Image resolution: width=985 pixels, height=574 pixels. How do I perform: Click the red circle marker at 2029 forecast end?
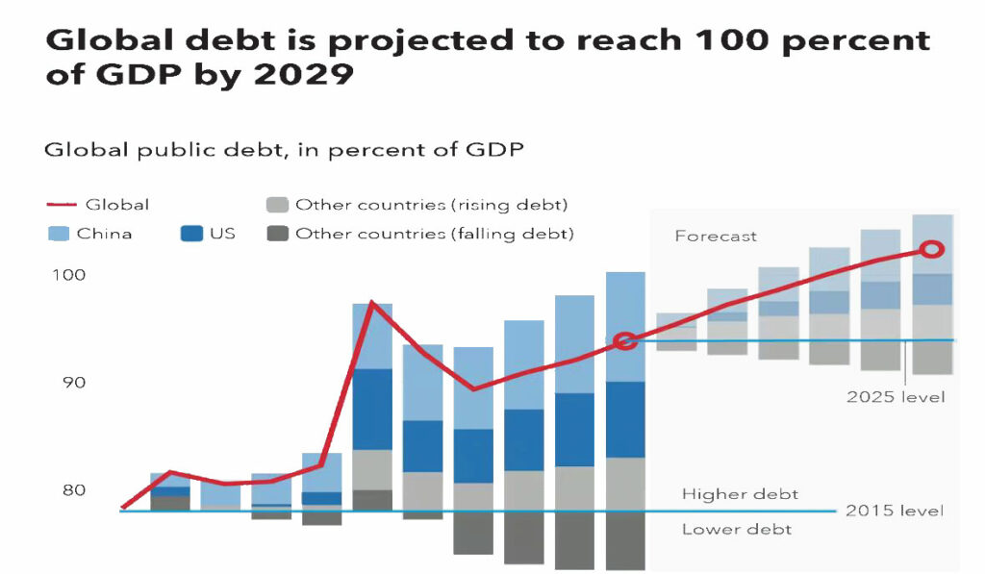[x=931, y=250]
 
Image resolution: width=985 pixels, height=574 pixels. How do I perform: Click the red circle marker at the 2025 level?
[x=625, y=341]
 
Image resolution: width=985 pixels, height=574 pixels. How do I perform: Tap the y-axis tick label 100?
[x=67, y=275]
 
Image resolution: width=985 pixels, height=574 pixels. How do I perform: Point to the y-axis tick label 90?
[x=69, y=383]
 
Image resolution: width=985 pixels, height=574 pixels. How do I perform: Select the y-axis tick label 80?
[x=69, y=490]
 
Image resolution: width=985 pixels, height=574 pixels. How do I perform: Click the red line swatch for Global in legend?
[x=60, y=205]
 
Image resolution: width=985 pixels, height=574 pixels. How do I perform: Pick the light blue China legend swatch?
[x=60, y=234]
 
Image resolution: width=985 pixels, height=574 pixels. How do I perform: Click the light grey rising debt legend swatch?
[x=276, y=205]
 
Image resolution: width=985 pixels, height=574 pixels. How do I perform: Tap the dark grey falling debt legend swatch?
[x=276, y=234]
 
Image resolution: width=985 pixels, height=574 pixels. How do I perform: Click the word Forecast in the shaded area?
[x=716, y=237]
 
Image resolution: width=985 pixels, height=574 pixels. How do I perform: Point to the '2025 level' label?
[x=896, y=397]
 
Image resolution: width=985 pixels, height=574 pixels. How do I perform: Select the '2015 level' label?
[x=895, y=511]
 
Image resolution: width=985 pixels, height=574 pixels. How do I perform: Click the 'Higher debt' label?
[x=740, y=494]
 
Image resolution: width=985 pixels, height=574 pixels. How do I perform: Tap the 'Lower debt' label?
[x=737, y=530]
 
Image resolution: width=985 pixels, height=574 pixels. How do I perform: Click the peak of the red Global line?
[x=372, y=303]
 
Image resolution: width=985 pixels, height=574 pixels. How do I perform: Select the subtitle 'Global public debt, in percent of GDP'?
[x=284, y=150]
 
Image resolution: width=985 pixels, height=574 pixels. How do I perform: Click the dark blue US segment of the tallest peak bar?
[x=372, y=409]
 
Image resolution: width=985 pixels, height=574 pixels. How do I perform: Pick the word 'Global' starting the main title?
[x=106, y=41]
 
